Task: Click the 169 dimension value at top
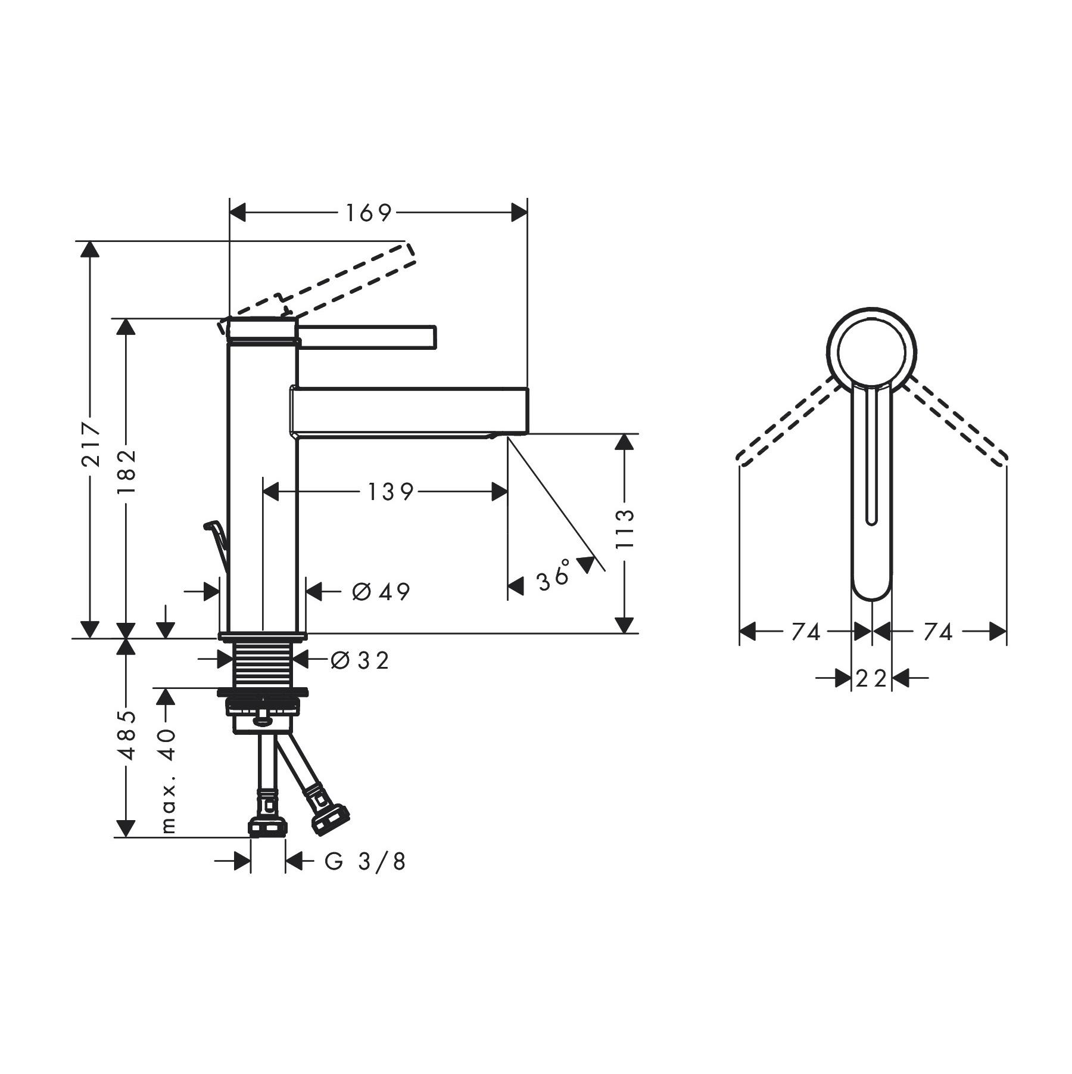pos(369,213)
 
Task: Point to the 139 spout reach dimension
pos(390,492)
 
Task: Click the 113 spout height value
pos(625,530)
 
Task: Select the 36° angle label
pos(554,576)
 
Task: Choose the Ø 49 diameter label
pos(381,592)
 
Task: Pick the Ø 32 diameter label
pos(360,660)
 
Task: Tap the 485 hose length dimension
pos(126,735)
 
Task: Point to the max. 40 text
pos(167,780)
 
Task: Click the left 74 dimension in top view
pos(806,632)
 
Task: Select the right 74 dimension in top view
pos(938,632)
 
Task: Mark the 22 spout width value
pos(871,678)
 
